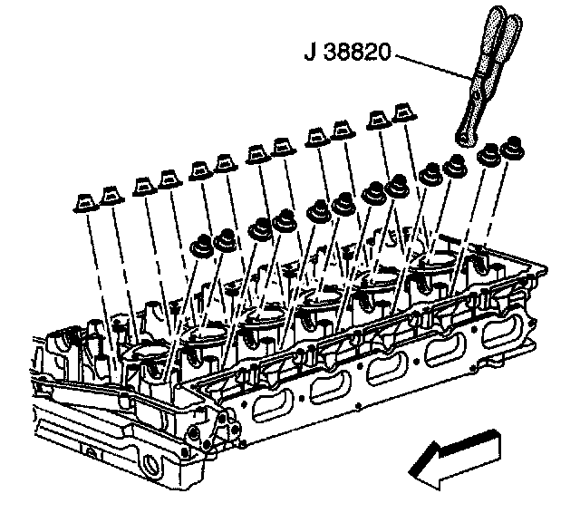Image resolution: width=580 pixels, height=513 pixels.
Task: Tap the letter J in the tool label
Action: point(310,53)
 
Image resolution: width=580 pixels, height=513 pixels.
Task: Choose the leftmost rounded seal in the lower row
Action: point(201,244)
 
